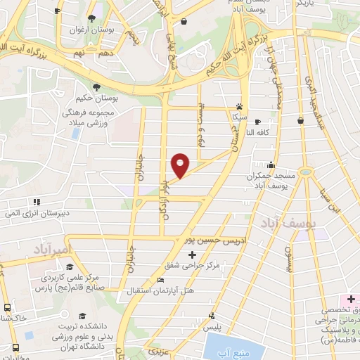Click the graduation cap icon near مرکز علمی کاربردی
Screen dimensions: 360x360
[x=70, y=266]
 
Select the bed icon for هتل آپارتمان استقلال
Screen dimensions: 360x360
[x=161, y=280]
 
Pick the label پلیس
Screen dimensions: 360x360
[x=212, y=328]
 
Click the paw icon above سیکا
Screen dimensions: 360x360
[x=239, y=108]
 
